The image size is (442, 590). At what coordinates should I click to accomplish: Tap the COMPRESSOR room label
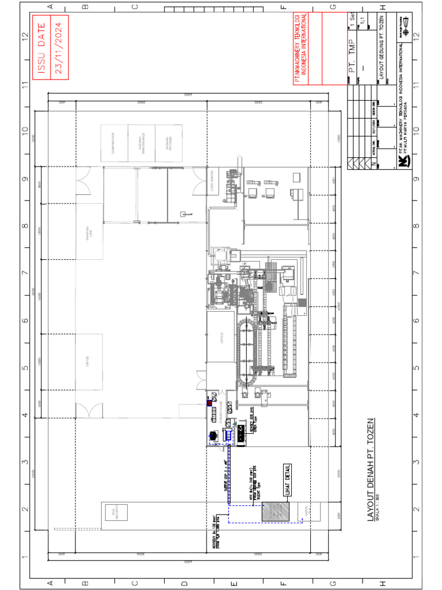[114, 139]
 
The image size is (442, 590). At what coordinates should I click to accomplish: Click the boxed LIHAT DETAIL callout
[287, 479]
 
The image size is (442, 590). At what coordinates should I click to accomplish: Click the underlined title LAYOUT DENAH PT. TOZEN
[371, 470]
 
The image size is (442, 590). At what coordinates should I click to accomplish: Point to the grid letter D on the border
[184, 583]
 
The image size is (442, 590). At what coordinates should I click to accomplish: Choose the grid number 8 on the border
[25, 225]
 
